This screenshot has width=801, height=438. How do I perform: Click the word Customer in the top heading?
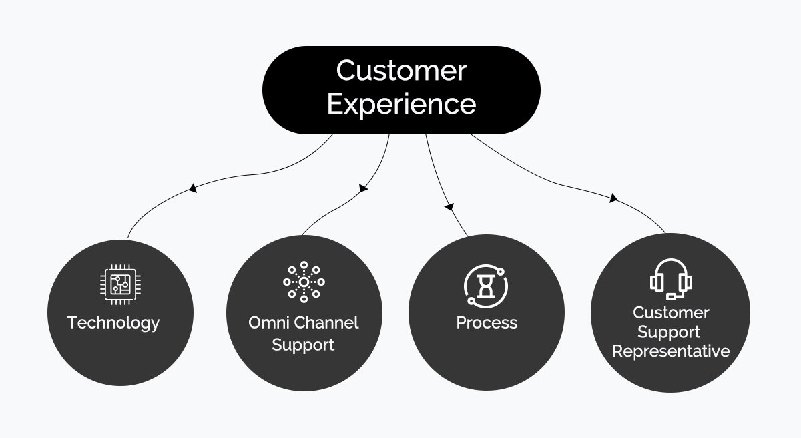(x=400, y=71)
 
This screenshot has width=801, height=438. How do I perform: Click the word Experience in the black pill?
(x=400, y=104)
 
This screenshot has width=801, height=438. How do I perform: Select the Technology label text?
(x=113, y=322)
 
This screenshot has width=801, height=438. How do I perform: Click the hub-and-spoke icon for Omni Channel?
(x=304, y=282)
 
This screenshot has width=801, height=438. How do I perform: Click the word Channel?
(x=326, y=322)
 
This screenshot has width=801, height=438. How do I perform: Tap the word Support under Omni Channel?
(x=303, y=345)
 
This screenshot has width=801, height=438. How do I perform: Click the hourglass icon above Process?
(x=486, y=285)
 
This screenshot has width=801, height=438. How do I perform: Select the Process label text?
(x=487, y=322)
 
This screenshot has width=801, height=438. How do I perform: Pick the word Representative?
(x=671, y=351)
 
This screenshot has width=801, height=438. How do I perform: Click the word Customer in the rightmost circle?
(x=671, y=312)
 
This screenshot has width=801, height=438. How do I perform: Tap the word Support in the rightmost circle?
(x=669, y=332)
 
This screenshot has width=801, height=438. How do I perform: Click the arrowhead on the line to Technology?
(x=193, y=188)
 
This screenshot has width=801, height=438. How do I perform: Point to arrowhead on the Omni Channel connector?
(x=363, y=188)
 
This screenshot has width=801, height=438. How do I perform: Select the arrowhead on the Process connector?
(x=449, y=206)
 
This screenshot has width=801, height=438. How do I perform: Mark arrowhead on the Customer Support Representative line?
(x=613, y=198)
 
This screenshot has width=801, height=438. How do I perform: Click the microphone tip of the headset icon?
(x=672, y=296)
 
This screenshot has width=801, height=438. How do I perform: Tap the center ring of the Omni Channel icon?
(x=304, y=282)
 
